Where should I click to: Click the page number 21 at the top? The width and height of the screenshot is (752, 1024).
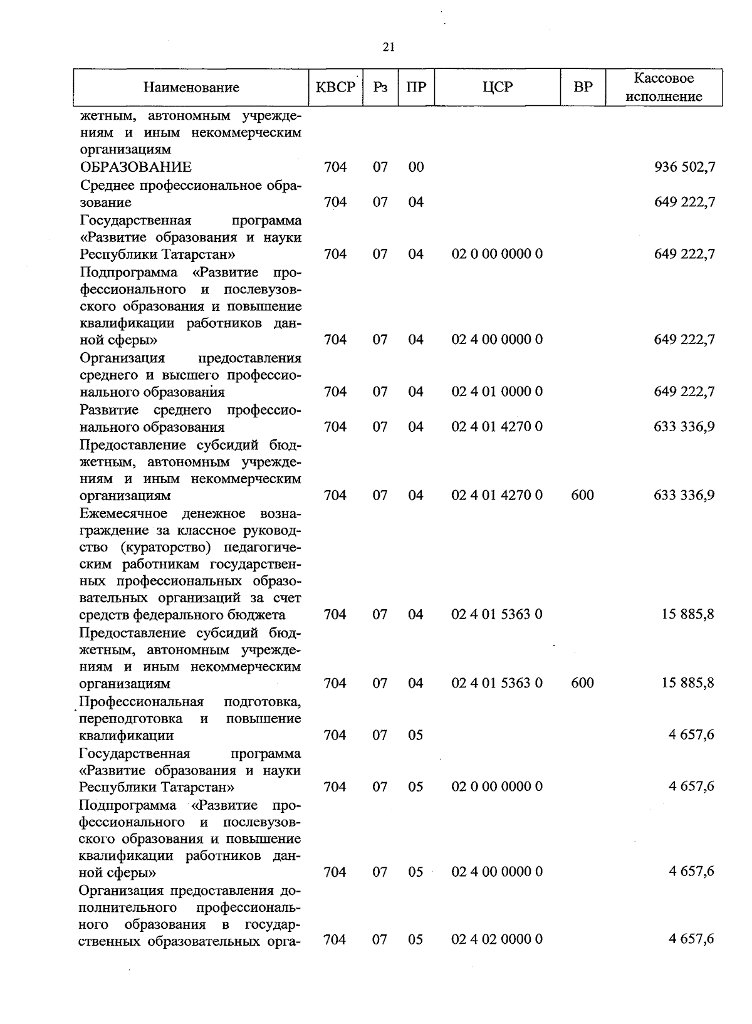point(388,48)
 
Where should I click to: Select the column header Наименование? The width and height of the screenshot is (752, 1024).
point(191,88)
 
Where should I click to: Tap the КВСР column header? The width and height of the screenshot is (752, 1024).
point(335,87)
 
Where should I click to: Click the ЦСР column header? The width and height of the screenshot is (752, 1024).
point(498,87)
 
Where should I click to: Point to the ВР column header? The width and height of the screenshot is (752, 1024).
point(583,87)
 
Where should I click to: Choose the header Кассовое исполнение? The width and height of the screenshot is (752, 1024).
point(664,87)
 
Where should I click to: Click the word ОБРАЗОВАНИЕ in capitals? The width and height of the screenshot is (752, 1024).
point(136,167)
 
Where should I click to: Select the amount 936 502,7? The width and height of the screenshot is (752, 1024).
point(684,167)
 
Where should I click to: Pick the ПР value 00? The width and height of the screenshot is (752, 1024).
point(416,167)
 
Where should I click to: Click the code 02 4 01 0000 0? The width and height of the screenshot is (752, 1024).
point(497,392)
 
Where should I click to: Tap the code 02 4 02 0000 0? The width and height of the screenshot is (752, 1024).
point(497,939)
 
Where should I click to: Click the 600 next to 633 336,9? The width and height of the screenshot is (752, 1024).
point(583,495)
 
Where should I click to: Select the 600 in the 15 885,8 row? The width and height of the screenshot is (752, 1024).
point(583,683)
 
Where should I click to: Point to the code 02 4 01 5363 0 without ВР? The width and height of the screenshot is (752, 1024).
point(497,614)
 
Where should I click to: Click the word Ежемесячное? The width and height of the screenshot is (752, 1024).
point(123,514)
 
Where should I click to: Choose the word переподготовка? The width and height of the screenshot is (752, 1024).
point(132,718)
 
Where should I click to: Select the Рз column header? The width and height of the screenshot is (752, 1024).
point(380,88)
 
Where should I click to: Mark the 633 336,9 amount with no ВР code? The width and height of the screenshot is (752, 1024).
point(684,427)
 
